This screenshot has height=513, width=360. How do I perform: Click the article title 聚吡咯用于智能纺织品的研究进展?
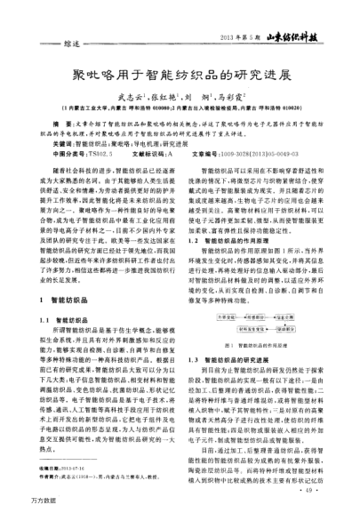[180, 74]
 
